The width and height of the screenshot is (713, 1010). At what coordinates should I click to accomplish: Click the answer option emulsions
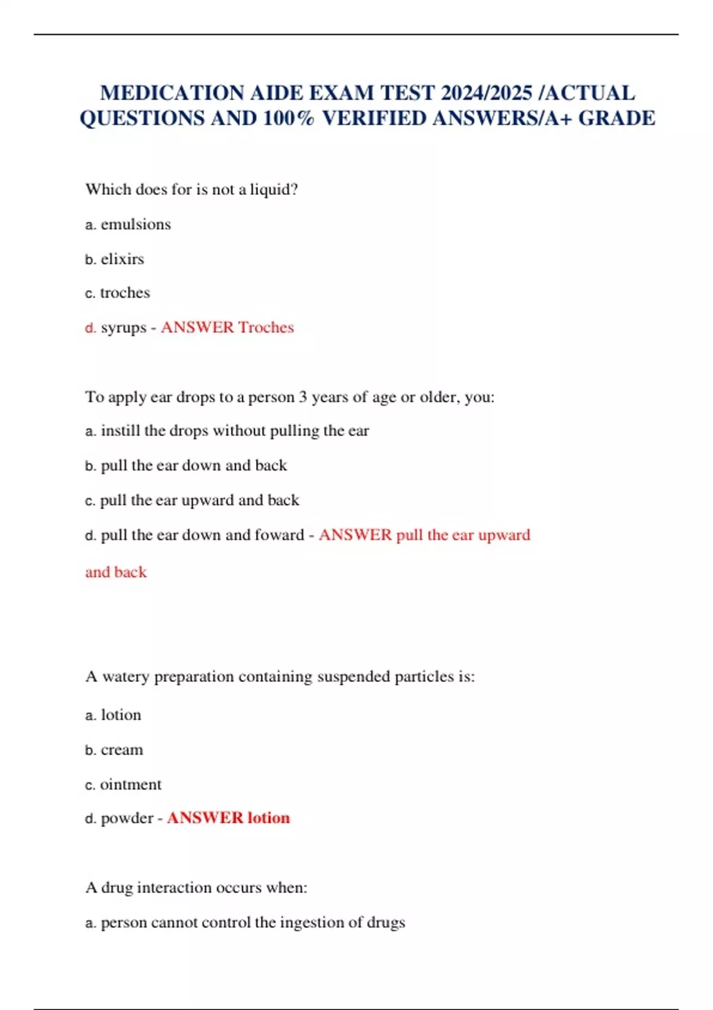(135, 225)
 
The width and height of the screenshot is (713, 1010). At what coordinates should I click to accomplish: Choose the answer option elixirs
(122, 259)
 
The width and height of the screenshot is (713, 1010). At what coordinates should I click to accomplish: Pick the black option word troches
(125, 293)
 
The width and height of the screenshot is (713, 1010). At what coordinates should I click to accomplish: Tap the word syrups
(123, 328)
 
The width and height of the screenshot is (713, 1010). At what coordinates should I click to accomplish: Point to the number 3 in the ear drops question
(303, 397)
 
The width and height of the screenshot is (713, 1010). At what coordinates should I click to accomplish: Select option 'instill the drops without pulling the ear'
(235, 431)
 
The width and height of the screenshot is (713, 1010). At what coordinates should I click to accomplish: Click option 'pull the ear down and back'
(194, 465)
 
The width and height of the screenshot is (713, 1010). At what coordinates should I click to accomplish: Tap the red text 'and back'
(116, 572)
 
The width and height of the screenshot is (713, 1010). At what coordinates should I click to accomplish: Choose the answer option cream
(122, 750)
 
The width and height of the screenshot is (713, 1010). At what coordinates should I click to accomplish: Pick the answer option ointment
(131, 785)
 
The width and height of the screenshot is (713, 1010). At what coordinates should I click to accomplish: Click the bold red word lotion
(269, 818)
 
